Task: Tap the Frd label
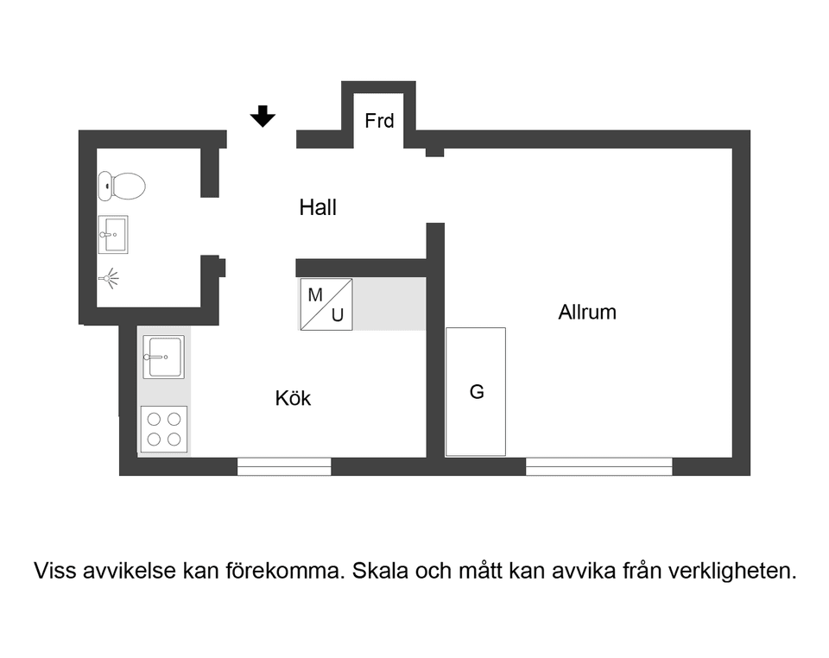tap(379, 121)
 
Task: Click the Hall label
tap(318, 207)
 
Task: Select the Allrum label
tap(587, 312)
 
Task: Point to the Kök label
tap(293, 398)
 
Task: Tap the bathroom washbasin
tap(113, 234)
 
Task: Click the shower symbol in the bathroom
tap(108, 279)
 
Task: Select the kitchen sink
tap(164, 357)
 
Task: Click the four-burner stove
tap(164, 429)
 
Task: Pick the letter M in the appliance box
tap(315, 294)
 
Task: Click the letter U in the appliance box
tap(338, 316)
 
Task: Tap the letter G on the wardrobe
tap(477, 391)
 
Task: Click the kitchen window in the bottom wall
tap(284, 466)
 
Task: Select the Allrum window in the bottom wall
tap(598, 466)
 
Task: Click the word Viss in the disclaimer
tap(53, 571)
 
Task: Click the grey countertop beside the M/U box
tap(390, 304)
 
